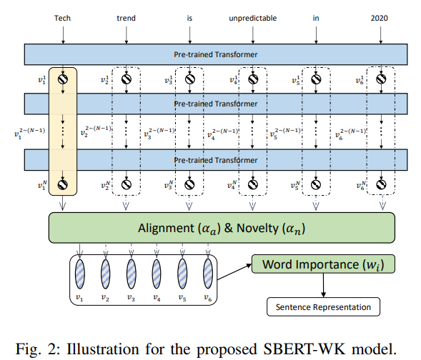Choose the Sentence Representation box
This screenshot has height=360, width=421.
coord(322,308)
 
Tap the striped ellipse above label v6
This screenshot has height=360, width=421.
coord(208,274)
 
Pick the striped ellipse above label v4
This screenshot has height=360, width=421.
coord(157,274)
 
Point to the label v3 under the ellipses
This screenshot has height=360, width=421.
coord(131,296)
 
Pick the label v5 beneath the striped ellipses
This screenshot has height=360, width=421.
coord(182,296)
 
